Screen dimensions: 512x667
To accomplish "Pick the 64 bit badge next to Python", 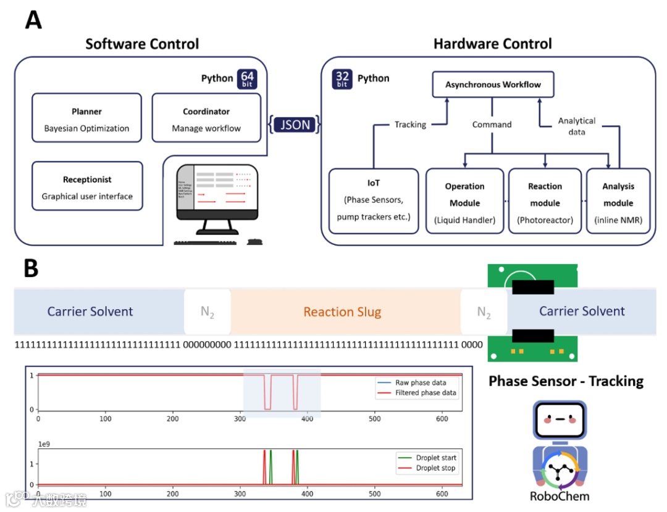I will pyautogui.click(x=247, y=79).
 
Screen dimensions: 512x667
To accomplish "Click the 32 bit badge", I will pyautogui.click(x=342, y=79).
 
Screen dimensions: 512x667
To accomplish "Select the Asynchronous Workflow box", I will pyautogui.click(x=493, y=85).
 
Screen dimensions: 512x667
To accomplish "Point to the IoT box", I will pyautogui.click(x=373, y=201).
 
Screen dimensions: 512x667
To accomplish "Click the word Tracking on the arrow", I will pyautogui.click(x=410, y=125).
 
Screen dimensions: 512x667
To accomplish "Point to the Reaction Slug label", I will pyautogui.click(x=342, y=312).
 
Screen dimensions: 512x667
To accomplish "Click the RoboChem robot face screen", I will pyautogui.click(x=560, y=419).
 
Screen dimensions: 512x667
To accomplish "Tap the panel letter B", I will pyautogui.click(x=33, y=267).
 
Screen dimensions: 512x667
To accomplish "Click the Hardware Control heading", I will pyautogui.click(x=492, y=44).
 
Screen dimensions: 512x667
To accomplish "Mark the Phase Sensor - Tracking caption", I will pyautogui.click(x=566, y=381).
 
